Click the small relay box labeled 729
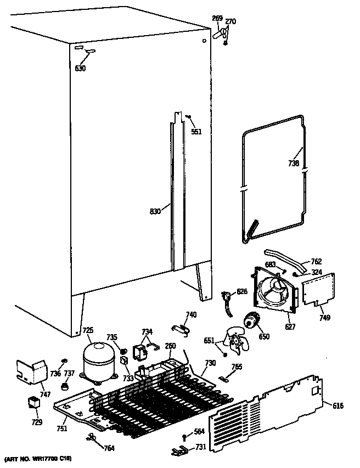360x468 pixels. click(x=34, y=404)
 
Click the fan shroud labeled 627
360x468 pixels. click(x=274, y=291)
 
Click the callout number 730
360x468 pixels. click(x=209, y=364)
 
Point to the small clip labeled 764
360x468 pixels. click(x=91, y=437)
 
